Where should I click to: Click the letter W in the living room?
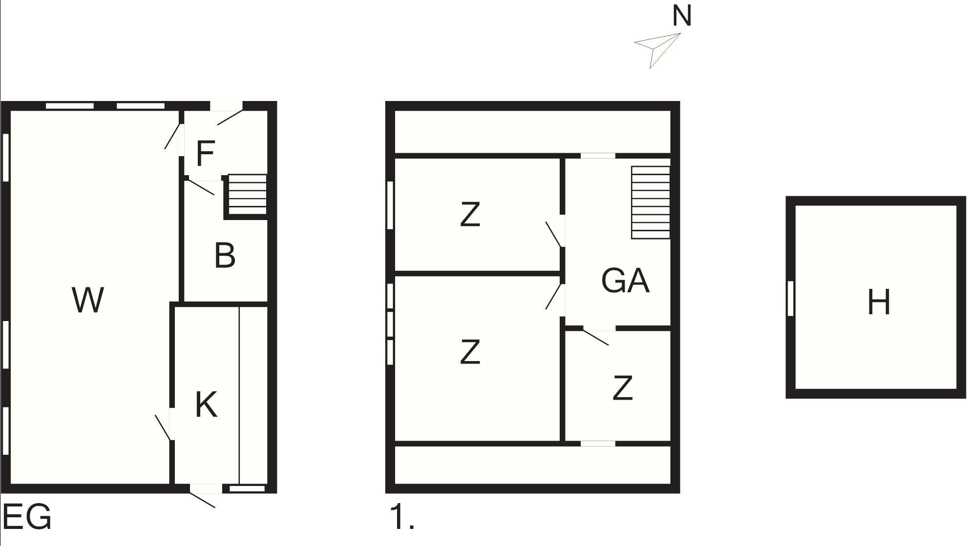(x=88, y=300)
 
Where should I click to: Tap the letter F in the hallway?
(x=206, y=153)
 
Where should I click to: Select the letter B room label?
(x=225, y=255)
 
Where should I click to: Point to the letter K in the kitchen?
(x=206, y=404)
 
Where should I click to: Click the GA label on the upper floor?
(x=625, y=281)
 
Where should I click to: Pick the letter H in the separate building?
(x=879, y=302)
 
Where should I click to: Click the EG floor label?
(x=27, y=517)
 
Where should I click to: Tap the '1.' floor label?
(x=402, y=517)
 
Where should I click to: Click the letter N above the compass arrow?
(x=682, y=16)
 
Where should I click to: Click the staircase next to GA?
(x=651, y=202)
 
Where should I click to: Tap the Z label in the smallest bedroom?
(x=622, y=388)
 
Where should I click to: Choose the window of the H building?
(x=791, y=298)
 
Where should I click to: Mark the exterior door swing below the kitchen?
(x=202, y=500)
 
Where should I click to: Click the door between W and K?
(x=163, y=428)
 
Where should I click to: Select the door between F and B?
(x=201, y=187)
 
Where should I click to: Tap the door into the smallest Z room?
(x=596, y=338)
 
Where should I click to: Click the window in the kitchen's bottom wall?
(x=247, y=488)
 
